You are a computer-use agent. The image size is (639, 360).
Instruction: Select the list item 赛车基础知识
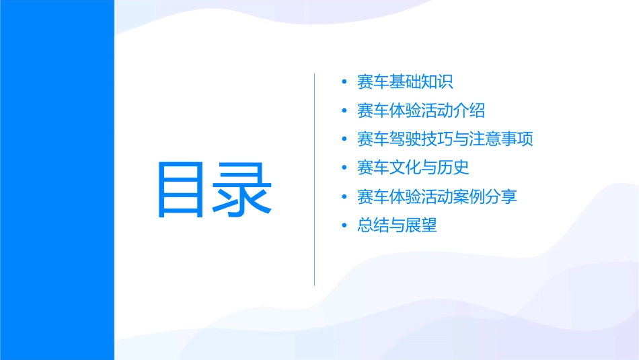pyautogui.click(x=405, y=82)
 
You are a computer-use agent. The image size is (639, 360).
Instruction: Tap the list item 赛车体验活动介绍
pyautogui.click(x=421, y=110)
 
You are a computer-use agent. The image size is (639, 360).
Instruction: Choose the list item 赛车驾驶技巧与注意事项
pyautogui.click(x=445, y=139)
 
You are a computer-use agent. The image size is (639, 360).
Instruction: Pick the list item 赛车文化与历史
pyautogui.click(x=413, y=168)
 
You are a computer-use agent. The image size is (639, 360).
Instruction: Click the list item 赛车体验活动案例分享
pyautogui.click(x=437, y=196)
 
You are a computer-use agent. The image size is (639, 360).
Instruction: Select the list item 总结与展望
pyautogui.click(x=397, y=225)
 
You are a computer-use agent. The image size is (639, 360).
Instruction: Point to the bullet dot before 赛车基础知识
pyautogui.click(x=344, y=83)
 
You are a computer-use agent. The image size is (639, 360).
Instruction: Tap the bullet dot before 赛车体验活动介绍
pyautogui.click(x=344, y=111)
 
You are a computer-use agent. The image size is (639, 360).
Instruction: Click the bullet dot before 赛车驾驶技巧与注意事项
pyautogui.click(x=344, y=140)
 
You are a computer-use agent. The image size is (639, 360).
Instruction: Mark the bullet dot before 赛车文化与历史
pyautogui.click(x=344, y=168)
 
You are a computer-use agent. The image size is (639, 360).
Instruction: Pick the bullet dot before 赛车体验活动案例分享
pyautogui.click(x=344, y=197)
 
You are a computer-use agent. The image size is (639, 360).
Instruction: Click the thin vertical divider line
pyautogui.click(x=314, y=179)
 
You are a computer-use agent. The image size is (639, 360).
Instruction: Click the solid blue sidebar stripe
pyautogui.click(x=57, y=180)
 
